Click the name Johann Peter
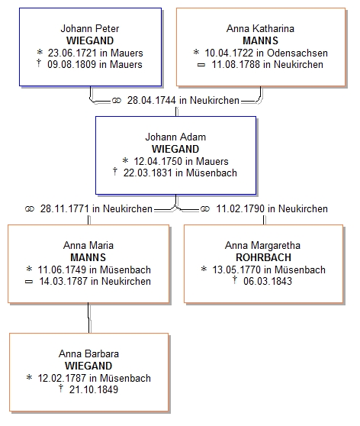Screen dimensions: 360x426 click(89, 28)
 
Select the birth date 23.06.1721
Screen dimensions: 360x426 click(72, 53)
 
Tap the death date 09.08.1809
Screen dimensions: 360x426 click(72, 64)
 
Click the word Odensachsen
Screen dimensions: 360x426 click(297, 53)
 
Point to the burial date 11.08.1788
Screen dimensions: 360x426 click(236, 64)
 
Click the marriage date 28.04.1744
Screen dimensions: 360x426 click(152, 100)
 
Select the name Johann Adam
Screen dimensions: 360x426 click(175, 137)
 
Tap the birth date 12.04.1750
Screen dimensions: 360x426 click(159, 161)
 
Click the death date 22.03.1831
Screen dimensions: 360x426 click(148, 173)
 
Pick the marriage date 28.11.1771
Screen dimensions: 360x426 click(65, 208)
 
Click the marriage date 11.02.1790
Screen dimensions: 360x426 click(240, 208)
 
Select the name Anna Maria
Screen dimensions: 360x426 click(88, 245)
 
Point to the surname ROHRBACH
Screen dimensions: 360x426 click(263, 257)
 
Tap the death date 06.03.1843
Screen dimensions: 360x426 click(268, 281)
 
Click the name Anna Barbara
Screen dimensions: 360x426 click(88, 353)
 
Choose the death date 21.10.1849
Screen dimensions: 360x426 click(94, 389)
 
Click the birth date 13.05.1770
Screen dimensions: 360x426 click(236, 269)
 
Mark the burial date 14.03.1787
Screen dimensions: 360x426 click(63, 281)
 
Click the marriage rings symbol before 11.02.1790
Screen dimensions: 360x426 click(205, 208)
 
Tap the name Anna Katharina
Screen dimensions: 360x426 click(260, 28)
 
